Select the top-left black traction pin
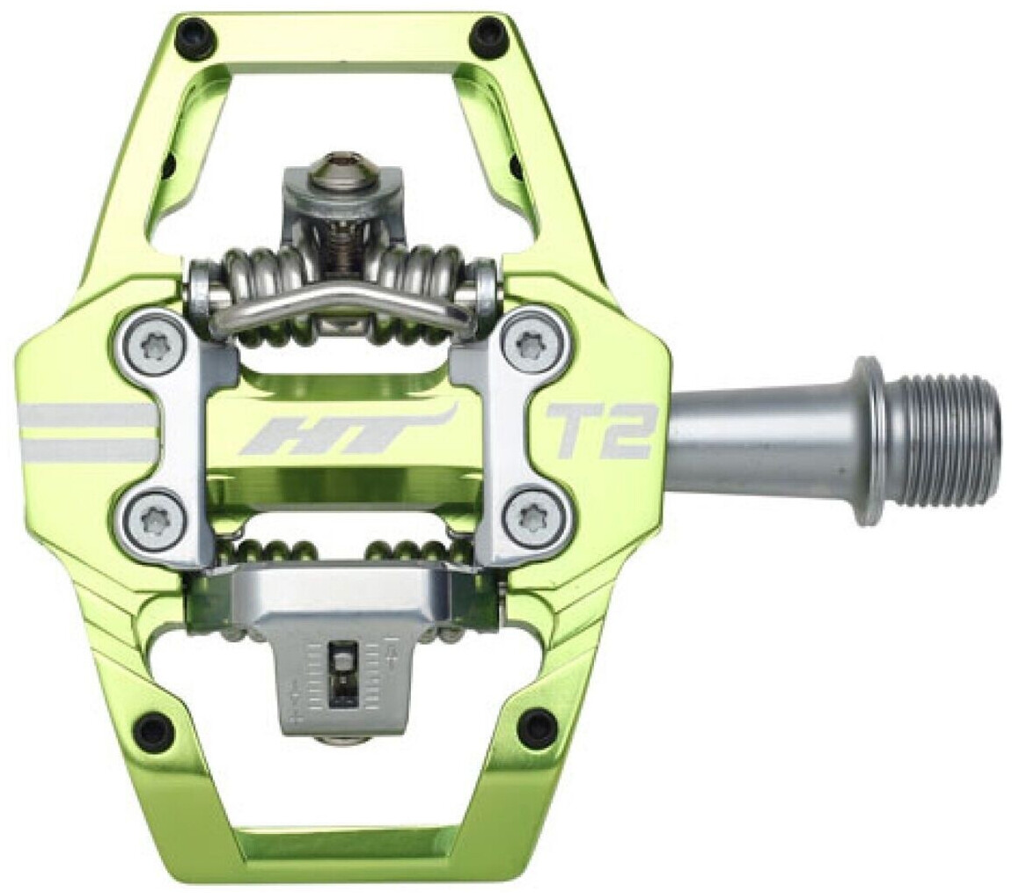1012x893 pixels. tap(194, 37)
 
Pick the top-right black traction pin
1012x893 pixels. tap(489, 37)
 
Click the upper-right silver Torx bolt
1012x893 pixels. tap(532, 345)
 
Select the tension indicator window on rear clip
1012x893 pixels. tap(341, 673)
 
